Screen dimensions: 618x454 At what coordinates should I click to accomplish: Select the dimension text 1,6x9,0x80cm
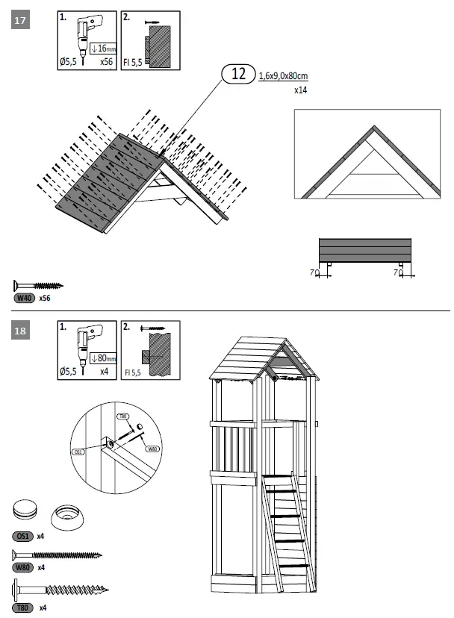pyautogui.click(x=284, y=76)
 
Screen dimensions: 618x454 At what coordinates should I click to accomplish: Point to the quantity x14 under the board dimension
pyautogui.click(x=300, y=90)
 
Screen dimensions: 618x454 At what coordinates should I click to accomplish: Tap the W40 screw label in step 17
pyautogui.click(x=25, y=298)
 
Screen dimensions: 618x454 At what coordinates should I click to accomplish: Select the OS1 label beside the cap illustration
pyautogui.click(x=22, y=536)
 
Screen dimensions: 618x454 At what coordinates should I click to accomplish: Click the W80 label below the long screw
pyautogui.click(x=22, y=567)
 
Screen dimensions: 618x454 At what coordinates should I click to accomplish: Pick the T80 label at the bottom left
pyautogui.click(x=22, y=608)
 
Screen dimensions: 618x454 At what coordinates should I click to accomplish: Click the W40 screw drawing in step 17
pyautogui.click(x=38, y=285)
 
